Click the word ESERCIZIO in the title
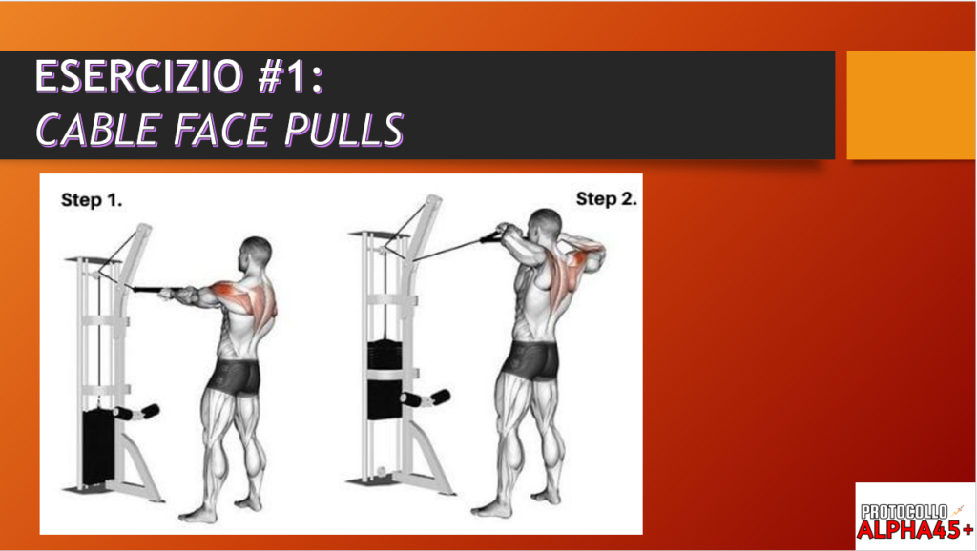click(138, 76)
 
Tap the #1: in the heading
click(290, 76)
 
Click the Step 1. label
click(92, 200)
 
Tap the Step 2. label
click(606, 199)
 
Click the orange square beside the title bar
click(910, 105)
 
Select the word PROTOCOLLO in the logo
click(904, 513)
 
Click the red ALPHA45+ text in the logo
click(915, 529)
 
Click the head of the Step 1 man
click(256, 254)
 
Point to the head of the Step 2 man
click(545, 227)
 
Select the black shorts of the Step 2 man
click(530, 359)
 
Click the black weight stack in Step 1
click(98, 446)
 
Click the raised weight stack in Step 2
click(385, 379)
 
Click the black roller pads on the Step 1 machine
click(136, 412)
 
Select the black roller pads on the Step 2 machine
click(425, 398)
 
